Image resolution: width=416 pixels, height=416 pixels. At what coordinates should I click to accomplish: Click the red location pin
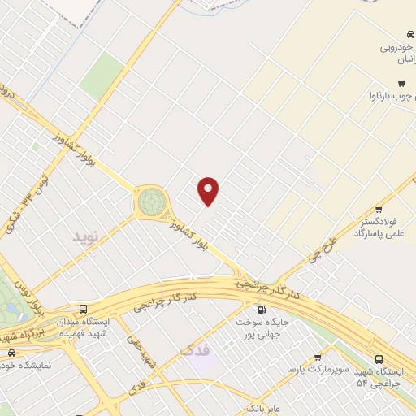pyautogui.click(x=210, y=192)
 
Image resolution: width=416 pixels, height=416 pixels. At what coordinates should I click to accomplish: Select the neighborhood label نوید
pyautogui.click(x=85, y=236)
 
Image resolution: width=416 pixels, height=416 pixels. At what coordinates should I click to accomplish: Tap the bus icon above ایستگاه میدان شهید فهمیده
pyautogui.click(x=84, y=309)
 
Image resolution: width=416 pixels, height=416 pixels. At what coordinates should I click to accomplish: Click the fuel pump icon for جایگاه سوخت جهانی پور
pyautogui.click(x=261, y=310)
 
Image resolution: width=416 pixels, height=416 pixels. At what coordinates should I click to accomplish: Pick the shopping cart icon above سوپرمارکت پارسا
pyautogui.click(x=318, y=357)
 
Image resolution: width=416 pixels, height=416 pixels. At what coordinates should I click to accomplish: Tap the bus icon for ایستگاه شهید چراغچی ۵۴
pyautogui.click(x=379, y=359)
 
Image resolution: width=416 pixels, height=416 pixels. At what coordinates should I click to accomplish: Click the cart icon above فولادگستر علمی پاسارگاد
pyautogui.click(x=379, y=209)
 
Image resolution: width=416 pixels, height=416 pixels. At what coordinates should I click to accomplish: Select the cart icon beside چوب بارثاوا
pyautogui.click(x=401, y=84)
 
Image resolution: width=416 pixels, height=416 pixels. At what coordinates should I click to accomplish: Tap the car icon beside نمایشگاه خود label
pyautogui.click(x=11, y=353)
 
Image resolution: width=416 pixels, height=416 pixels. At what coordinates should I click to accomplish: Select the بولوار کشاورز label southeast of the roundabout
pyautogui.click(x=195, y=240)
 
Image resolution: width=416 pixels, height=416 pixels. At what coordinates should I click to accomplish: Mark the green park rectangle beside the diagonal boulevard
pyautogui.click(x=102, y=73)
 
